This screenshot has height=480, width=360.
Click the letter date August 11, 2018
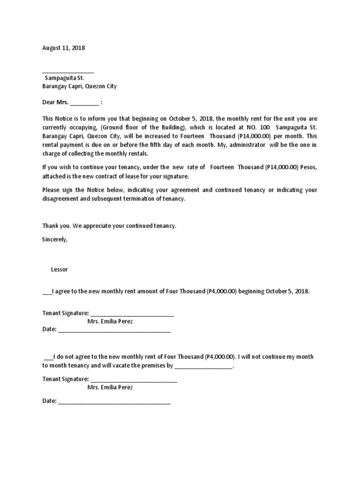click(64, 48)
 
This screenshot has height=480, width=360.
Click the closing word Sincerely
click(54, 239)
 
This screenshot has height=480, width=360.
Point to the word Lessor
click(60, 270)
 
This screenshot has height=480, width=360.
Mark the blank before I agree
click(47, 292)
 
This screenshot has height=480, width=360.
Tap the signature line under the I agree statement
click(132, 314)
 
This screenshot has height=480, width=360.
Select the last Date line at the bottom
click(114, 402)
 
